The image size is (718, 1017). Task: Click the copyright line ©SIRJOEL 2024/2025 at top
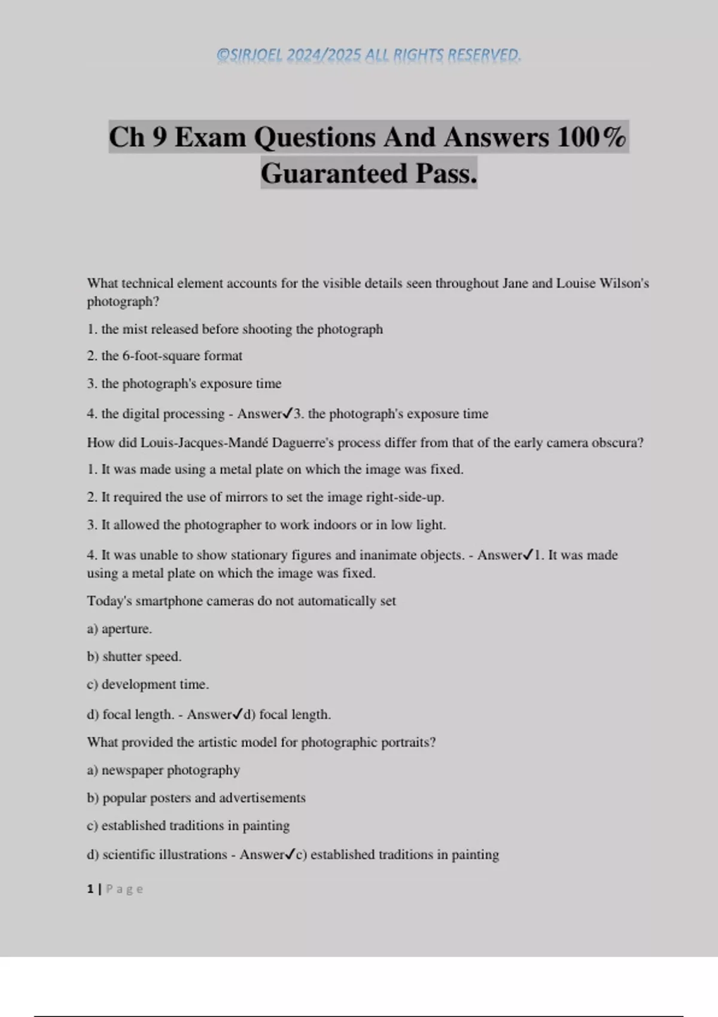tap(369, 55)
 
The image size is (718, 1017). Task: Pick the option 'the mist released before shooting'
tap(242, 329)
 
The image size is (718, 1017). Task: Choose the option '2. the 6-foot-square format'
tap(165, 356)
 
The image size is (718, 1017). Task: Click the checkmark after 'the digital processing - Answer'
tap(288, 413)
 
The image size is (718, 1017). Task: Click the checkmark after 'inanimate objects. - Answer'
tap(528, 555)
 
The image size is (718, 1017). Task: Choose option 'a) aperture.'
tap(120, 629)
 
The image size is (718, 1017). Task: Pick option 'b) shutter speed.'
tap(134, 656)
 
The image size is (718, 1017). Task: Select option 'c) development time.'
tap(148, 684)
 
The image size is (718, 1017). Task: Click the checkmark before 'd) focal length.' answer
tap(238, 714)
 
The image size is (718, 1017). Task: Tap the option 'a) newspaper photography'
tap(163, 770)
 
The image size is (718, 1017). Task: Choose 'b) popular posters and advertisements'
tap(196, 797)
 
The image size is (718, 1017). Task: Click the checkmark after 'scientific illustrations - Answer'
tap(290, 854)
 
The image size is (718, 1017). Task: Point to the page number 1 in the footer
tap(90, 889)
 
